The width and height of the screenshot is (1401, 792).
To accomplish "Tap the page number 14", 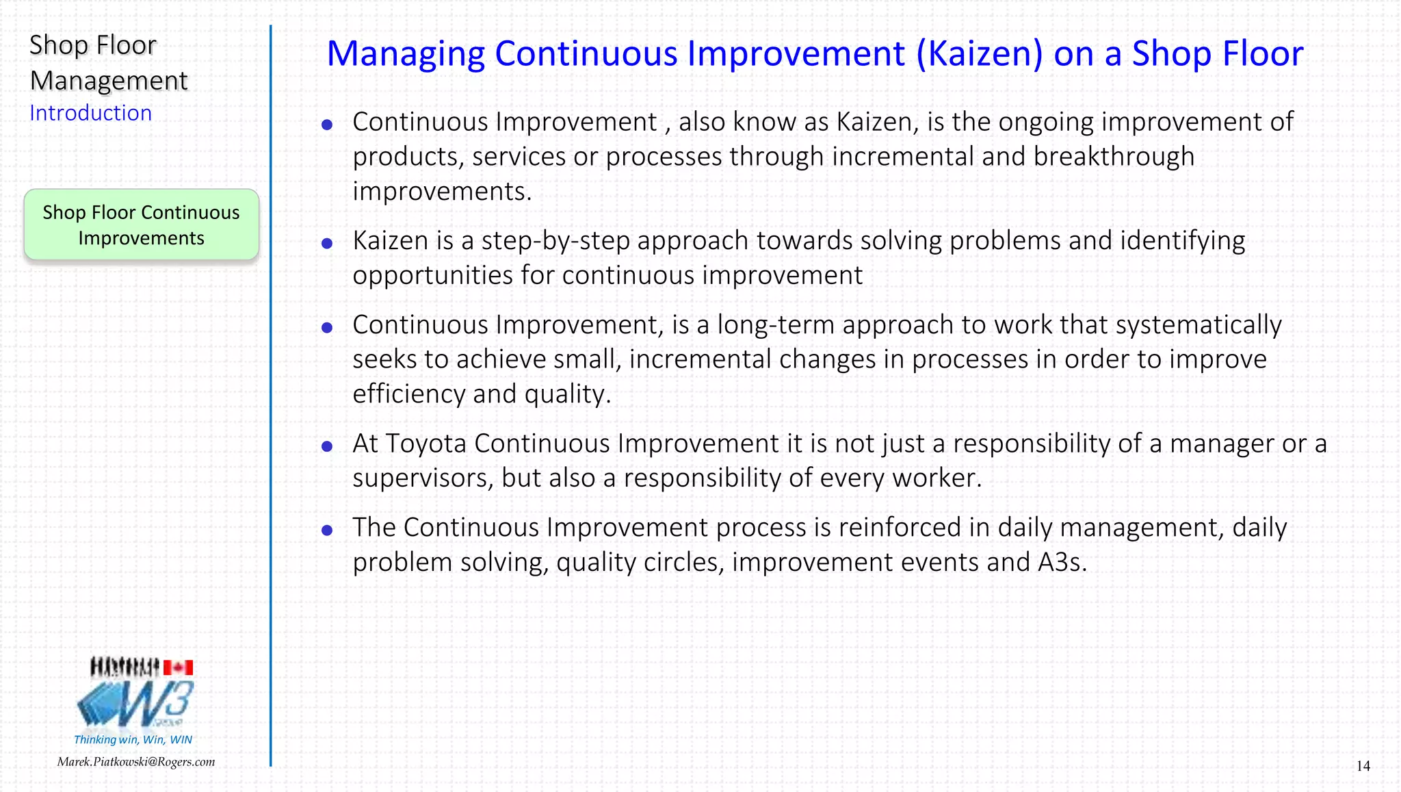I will click(x=1363, y=766).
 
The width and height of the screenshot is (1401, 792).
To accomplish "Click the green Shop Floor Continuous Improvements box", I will click(x=142, y=225).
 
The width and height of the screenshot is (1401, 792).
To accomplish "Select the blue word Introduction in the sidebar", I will click(x=90, y=113).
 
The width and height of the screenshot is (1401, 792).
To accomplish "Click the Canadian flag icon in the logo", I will click(x=178, y=667).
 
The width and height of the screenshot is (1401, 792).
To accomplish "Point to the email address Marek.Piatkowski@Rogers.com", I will click(x=136, y=762).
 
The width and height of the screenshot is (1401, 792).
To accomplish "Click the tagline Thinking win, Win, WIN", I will click(x=133, y=739).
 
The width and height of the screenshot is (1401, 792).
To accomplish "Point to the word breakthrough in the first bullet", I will click(x=1114, y=157).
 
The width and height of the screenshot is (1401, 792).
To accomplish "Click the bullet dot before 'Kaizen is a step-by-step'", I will click(x=327, y=243).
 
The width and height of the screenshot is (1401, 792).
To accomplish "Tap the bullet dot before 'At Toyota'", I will click(x=327, y=446).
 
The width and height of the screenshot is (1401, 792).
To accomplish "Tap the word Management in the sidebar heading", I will click(x=109, y=81).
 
